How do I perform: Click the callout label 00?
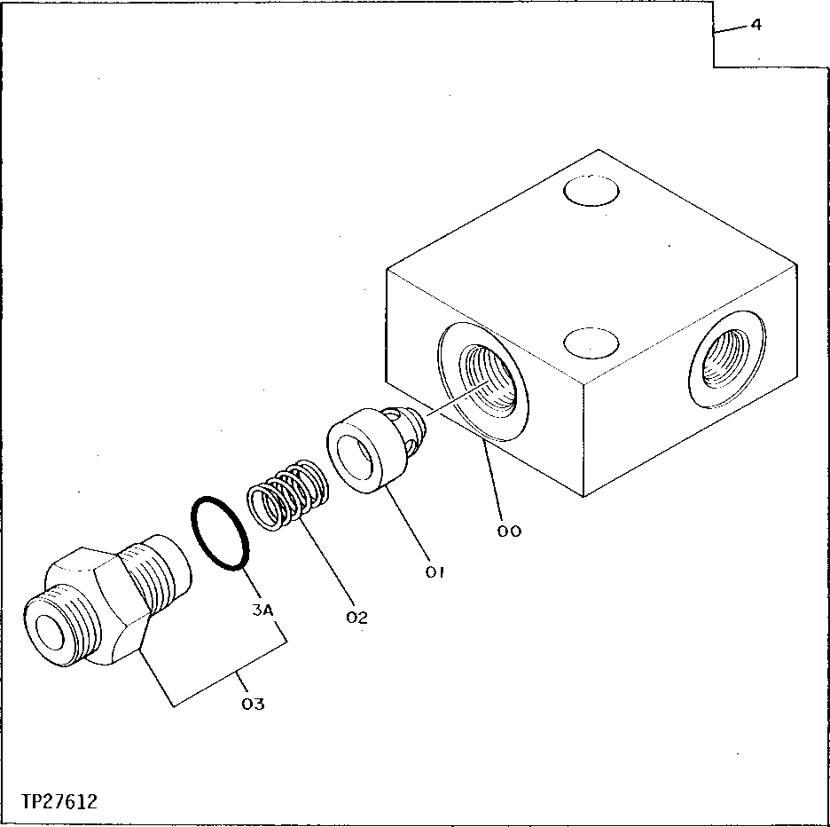pyautogui.click(x=510, y=531)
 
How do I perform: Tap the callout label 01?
pyautogui.click(x=434, y=572)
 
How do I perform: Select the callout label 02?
pyautogui.click(x=356, y=617)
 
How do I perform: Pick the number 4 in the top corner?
pyautogui.click(x=756, y=26)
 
